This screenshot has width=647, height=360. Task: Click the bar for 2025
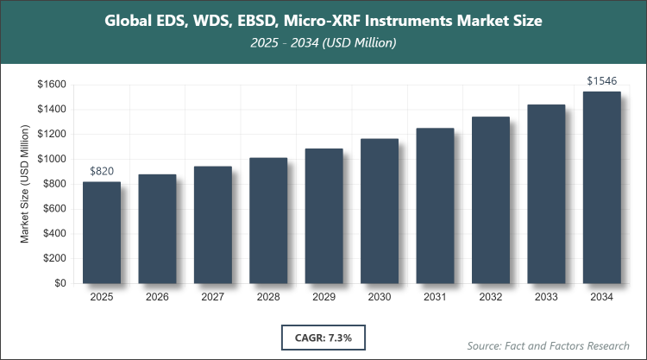pyautogui.click(x=102, y=232)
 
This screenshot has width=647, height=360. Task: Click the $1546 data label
pyautogui.click(x=601, y=81)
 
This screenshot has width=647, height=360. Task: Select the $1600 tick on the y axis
pyautogui.click(x=52, y=85)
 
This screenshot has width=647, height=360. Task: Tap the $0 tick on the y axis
pyautogui.click(x=60, y=283)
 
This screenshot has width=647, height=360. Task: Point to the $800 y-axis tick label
pyautogui.click(x=54, y=184)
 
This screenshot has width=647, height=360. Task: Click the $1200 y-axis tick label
pyautogui.click(x=52, y=135)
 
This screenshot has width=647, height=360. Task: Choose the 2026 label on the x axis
pyautogui.click(x=157, y=297)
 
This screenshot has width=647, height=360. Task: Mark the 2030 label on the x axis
pyautogui.click(x=380, y=297)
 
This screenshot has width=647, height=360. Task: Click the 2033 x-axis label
pyautogui.click(x=546, y=297)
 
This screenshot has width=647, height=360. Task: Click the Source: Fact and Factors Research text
pyautogui.click(x=549, y=345)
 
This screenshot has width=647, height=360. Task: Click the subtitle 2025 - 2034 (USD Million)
pyautogui.click(x=323, y=42)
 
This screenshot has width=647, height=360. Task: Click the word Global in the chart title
pyautogui.click(x=129, y=20)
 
